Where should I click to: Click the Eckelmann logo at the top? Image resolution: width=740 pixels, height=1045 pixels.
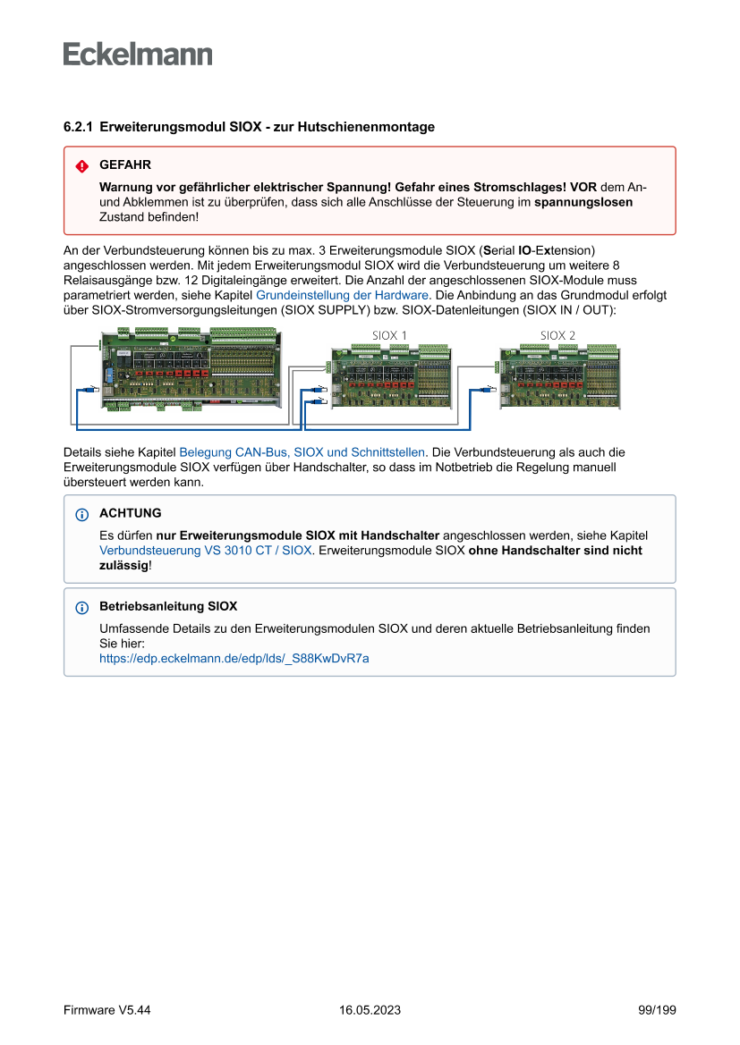point(138,55)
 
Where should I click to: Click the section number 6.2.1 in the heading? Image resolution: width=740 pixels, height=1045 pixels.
point(78,127)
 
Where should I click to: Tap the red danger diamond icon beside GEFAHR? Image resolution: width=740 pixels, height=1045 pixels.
point(82,166)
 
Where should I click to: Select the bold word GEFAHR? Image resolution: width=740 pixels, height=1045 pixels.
point(124,165)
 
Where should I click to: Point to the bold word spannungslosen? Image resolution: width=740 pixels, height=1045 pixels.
point(583,202)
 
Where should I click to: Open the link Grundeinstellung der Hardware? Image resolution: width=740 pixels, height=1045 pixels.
point(343,294)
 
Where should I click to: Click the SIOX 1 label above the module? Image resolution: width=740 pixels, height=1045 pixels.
point(389,335)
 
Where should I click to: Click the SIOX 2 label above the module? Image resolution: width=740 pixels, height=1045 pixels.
point(557,335)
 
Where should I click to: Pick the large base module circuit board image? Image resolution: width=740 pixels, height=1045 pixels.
point(193,369)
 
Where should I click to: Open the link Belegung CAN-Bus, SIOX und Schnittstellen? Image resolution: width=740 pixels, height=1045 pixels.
point(302,452)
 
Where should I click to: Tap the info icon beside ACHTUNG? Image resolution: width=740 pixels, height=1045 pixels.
point(82,514)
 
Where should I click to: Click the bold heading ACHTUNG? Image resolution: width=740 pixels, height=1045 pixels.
point(130,513)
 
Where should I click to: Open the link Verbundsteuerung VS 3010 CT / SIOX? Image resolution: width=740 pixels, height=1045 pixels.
point(206,551)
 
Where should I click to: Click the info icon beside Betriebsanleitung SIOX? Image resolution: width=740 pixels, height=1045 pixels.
point(82,607)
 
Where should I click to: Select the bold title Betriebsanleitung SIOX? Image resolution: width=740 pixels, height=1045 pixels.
point(167,606)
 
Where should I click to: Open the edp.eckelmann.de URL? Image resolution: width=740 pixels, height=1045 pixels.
point(234,658)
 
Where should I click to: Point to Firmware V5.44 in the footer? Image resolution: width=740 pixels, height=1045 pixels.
point(106,1010)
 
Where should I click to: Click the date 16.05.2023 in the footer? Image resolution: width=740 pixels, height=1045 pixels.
point(370,1010)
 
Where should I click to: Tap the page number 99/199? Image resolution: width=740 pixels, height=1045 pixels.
point(657,1010)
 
